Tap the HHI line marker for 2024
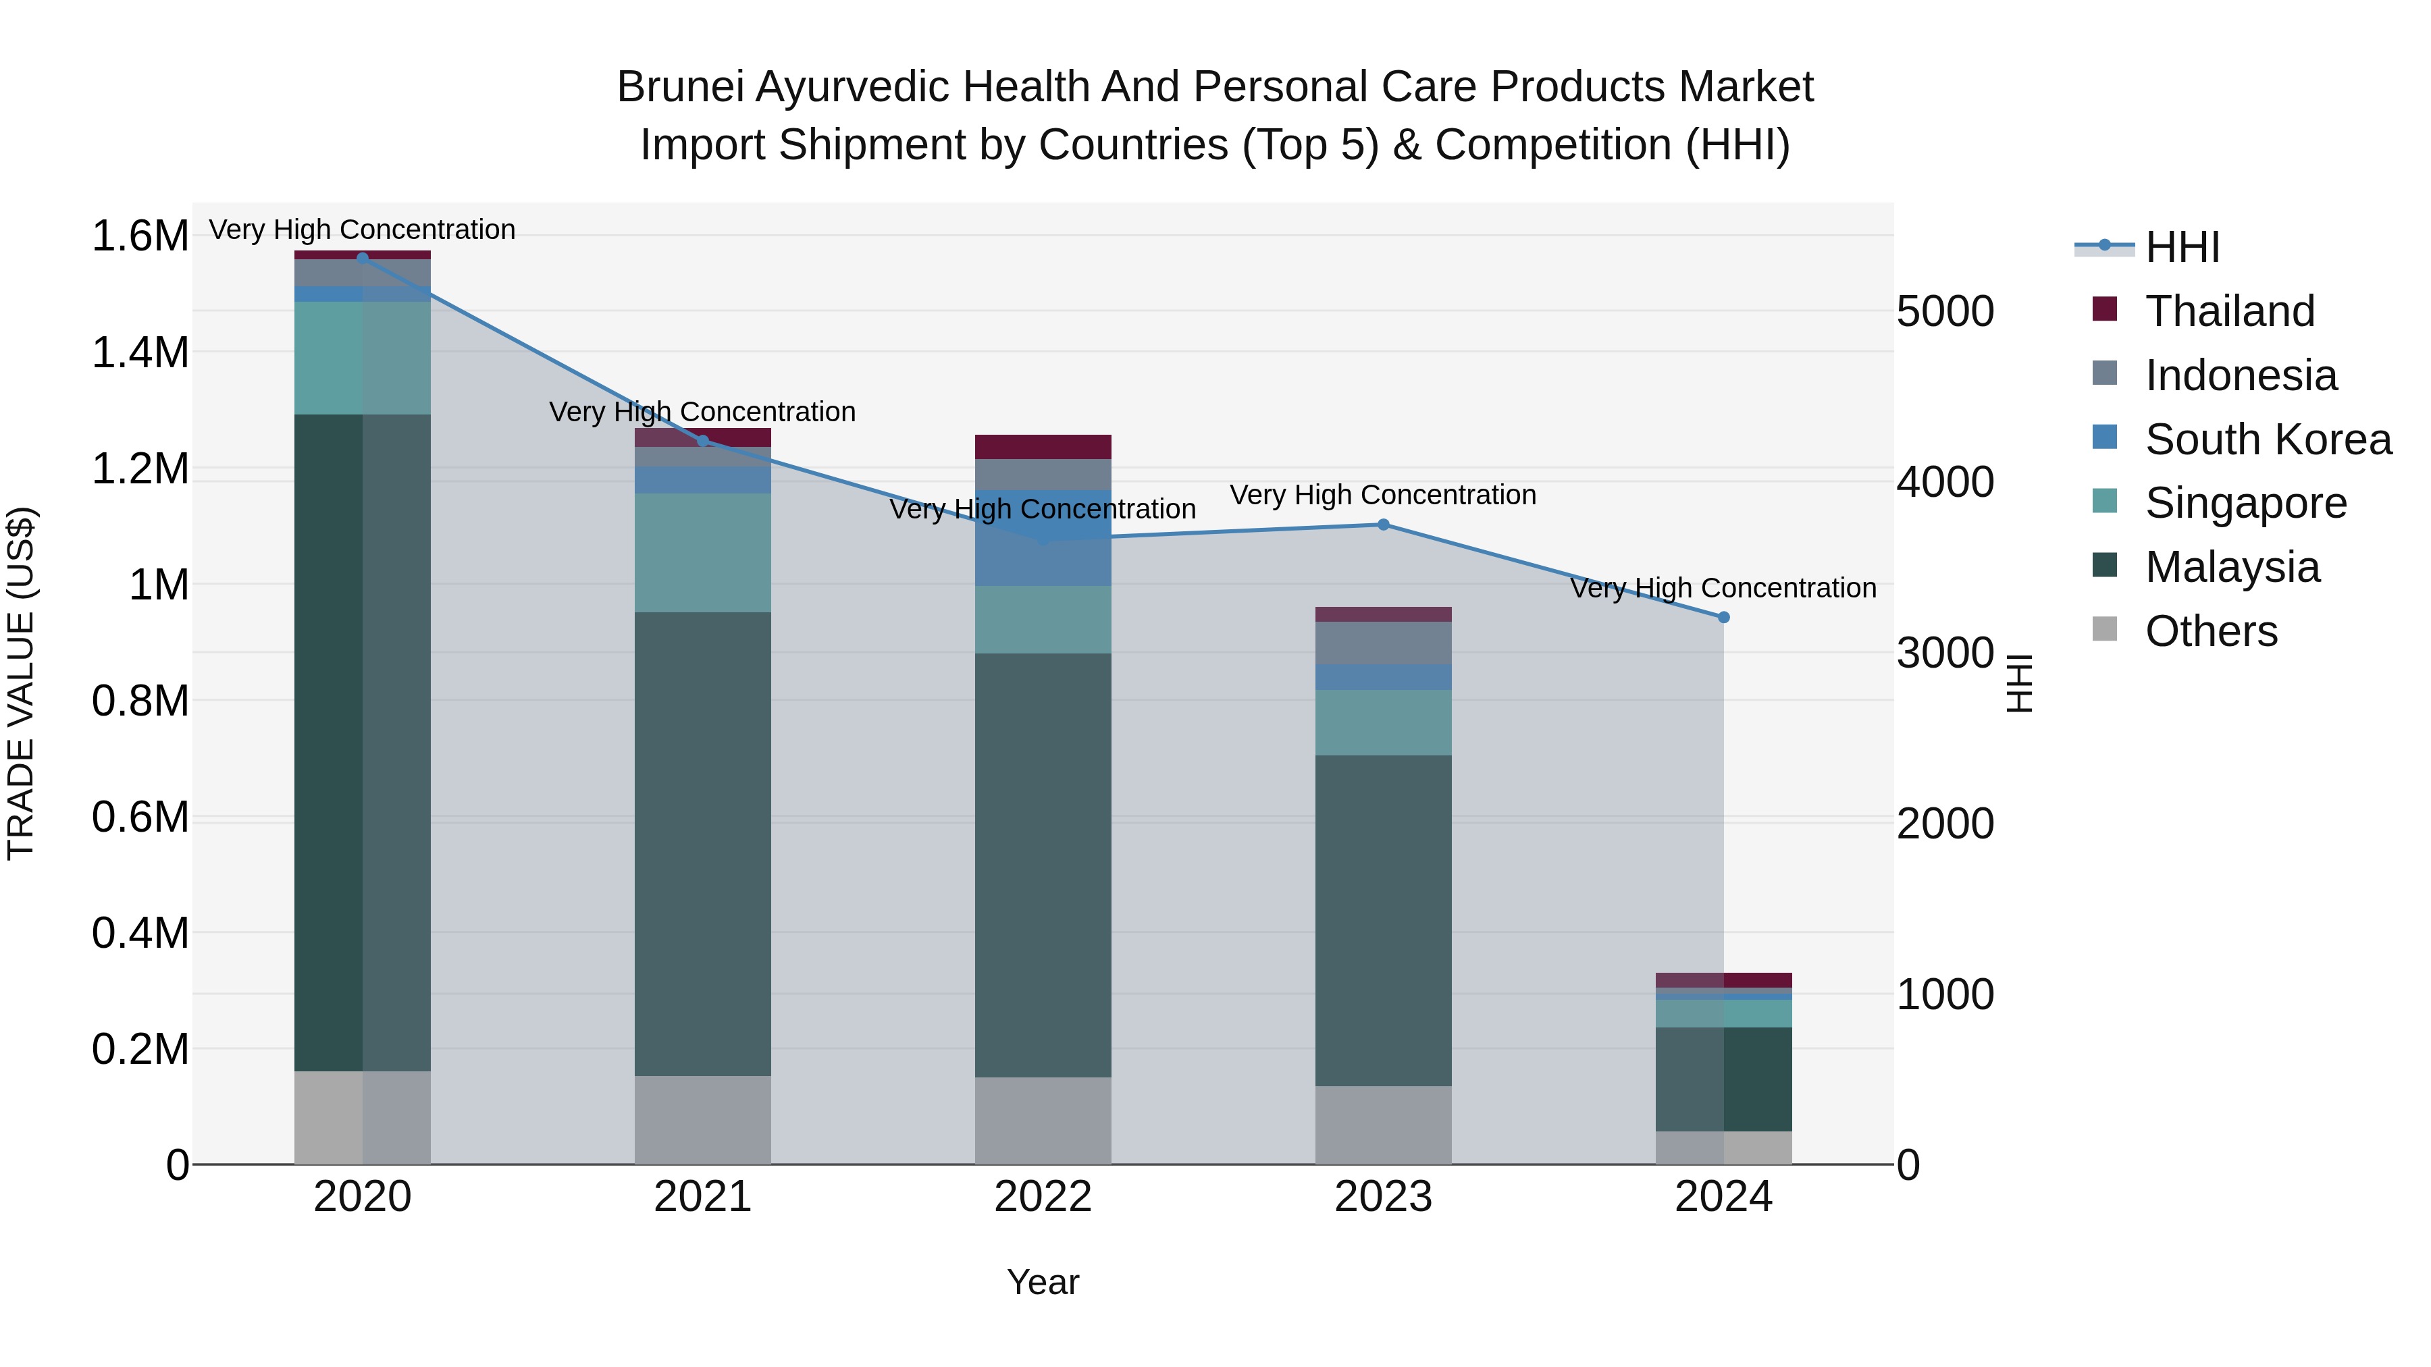1723,617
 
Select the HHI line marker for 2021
702,441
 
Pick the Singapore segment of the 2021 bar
702,553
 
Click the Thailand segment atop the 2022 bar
1043,446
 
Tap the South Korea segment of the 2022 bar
1043,538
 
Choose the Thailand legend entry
2229,311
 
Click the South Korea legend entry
2267,439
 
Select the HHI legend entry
2182,247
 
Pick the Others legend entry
2210,631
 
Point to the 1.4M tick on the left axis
140,353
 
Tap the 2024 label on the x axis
1723,1197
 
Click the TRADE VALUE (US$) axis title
21,683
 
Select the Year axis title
1043,1282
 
